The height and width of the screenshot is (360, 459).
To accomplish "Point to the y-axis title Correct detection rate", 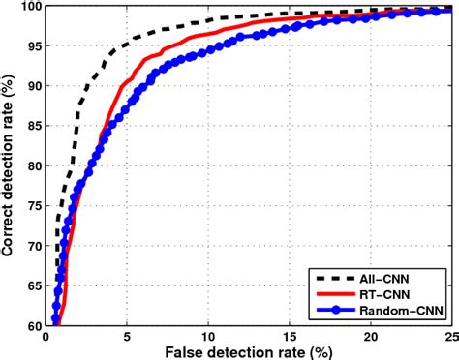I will pyautogui.click(x=9, y=165).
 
